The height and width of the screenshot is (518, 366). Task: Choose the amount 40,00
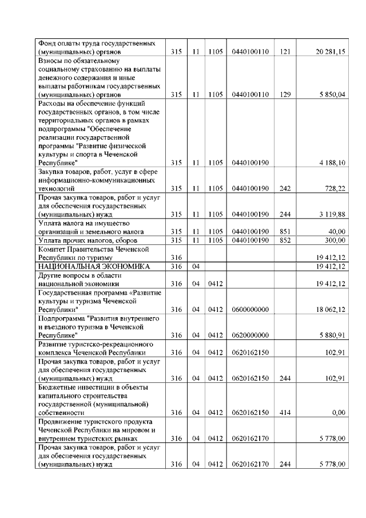(x=337, y=231)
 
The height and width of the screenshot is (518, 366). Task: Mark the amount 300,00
(x=336, y=240)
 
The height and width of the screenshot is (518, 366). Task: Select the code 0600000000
(x=250, y=309)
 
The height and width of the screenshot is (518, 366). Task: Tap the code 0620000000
(x=250, y=335)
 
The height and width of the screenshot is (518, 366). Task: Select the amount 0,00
(x=339, y=412)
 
